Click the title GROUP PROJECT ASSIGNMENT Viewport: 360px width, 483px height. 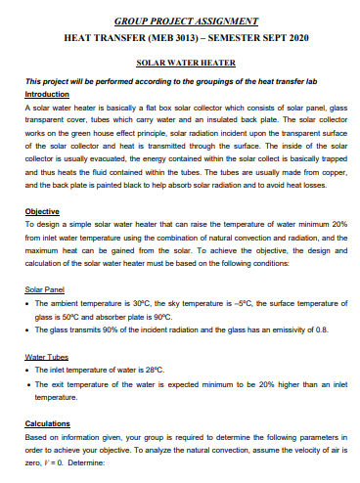pos(187,20)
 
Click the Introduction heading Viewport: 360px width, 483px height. pos(47,94)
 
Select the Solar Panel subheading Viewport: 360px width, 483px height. pos(43,288)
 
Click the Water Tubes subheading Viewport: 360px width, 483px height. pos(44,357)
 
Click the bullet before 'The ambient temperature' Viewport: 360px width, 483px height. pos(27,303)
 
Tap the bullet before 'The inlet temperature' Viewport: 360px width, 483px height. pos(27,371)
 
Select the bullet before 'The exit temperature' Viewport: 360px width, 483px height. pos(27,386)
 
